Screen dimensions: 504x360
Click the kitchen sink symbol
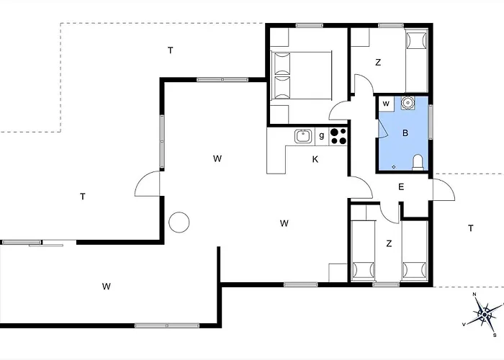(303, 136)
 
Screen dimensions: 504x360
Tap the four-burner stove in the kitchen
(338, 136)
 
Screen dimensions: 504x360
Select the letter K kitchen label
(315, 159)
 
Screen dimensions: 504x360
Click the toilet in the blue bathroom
(418, 162)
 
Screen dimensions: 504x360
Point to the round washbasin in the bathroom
(408, 103)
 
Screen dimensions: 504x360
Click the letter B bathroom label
(405, 132)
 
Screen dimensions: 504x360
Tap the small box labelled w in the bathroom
(387, 104)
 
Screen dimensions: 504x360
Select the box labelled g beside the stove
(322, 136)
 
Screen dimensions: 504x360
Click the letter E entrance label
(401, 187)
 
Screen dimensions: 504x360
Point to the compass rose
(484, 314)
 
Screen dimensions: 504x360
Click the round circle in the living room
(179, 222)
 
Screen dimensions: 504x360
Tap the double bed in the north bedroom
(301, 75)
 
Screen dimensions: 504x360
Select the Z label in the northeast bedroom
(378, 63)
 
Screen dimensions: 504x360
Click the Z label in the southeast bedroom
(389, 243)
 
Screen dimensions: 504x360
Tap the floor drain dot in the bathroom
(394, 167)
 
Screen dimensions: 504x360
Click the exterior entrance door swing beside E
(444, 189)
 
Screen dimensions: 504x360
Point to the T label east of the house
(471, 228)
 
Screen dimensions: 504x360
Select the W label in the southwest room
(107, 286)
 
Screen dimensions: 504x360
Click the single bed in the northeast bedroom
(417, 61)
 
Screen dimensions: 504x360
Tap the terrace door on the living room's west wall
(147, 183)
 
